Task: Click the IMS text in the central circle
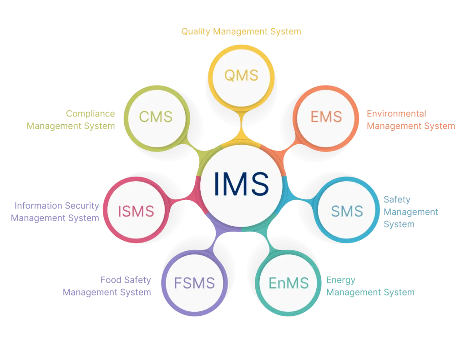(x=241, y=183)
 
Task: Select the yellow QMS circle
(x=241, y=76)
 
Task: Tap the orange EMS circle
(x=326, y=117)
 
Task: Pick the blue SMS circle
(x=347, y=211)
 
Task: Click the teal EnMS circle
(x=288, y=283)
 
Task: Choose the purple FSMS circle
(x=194, y=283)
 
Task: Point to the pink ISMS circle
(x=136, y=211)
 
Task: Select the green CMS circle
(x=156, y=117)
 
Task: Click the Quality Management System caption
(x=241, y=32)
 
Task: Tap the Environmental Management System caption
(x=410, y=120)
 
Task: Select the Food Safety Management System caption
(x=107, y=286)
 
